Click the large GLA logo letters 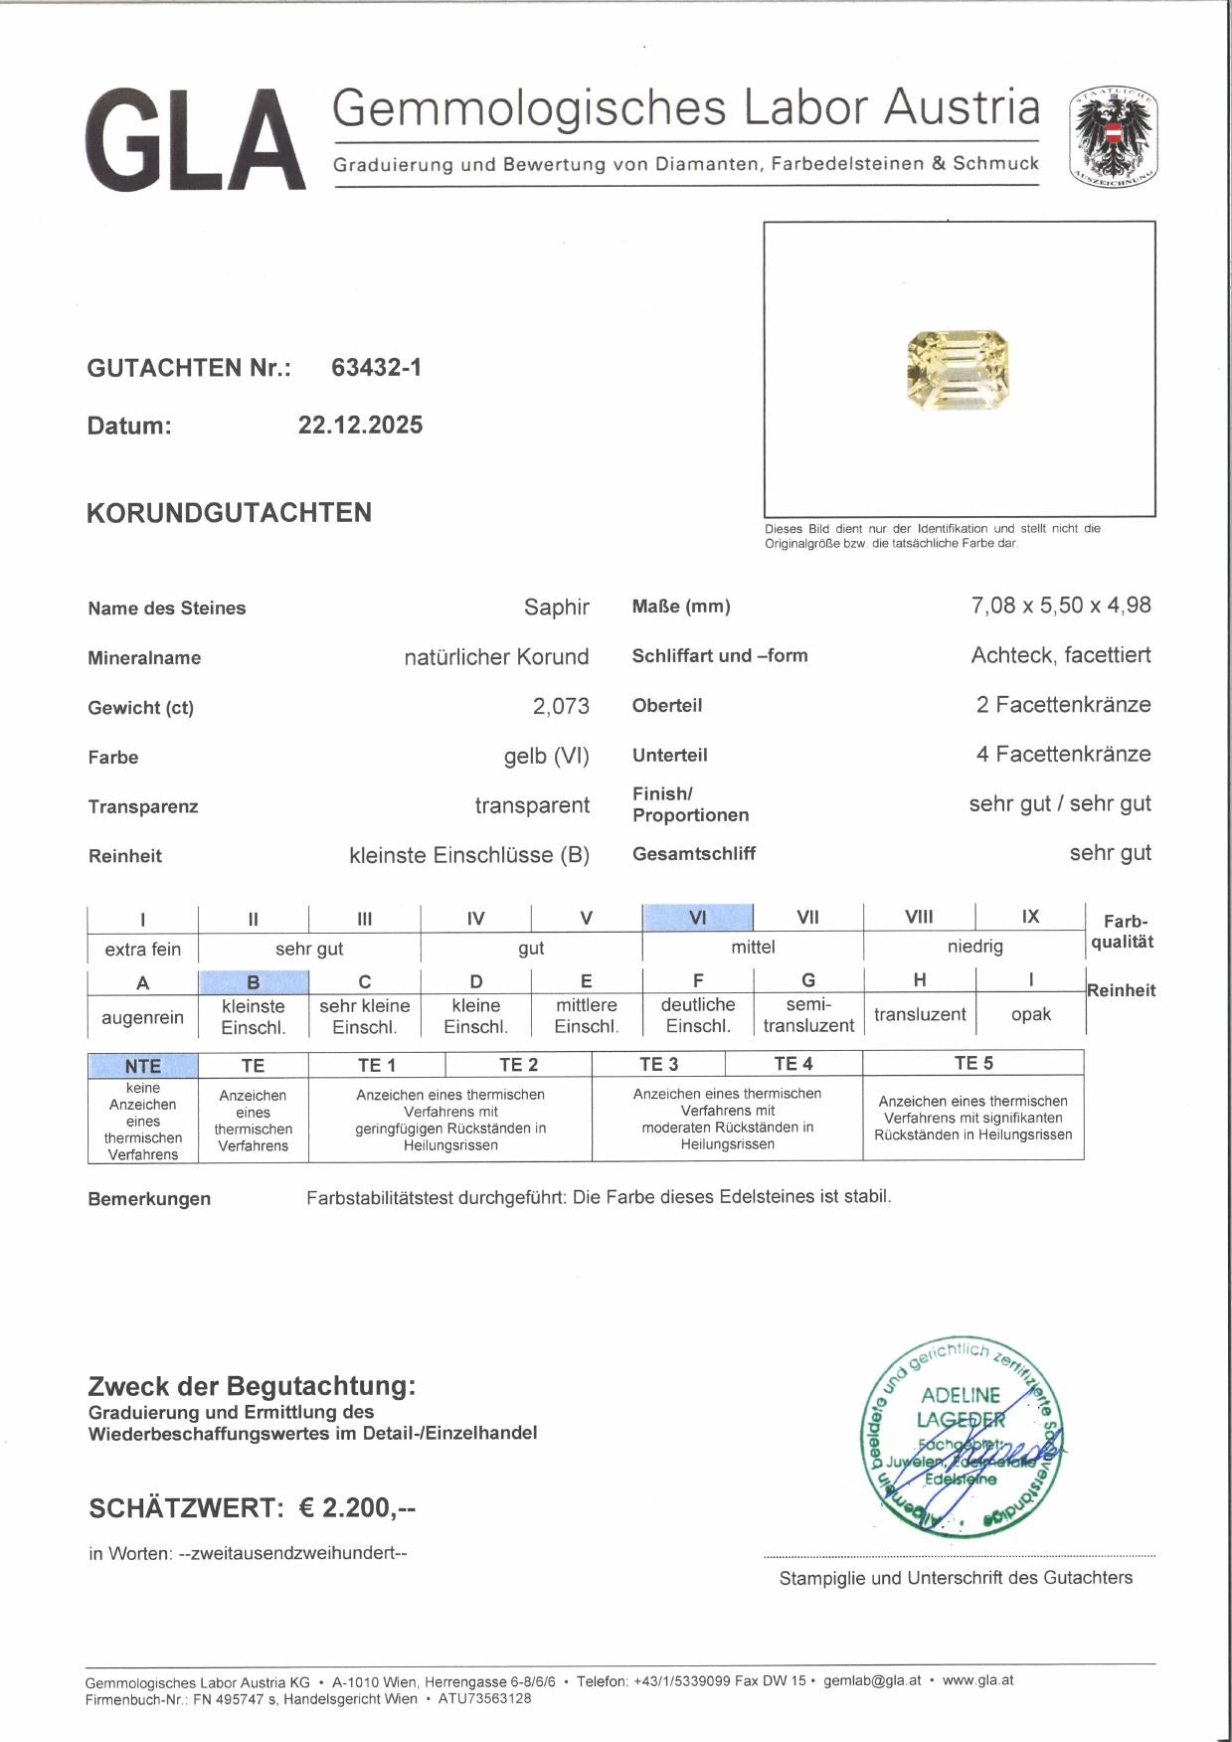(x=196, y=140)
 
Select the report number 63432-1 (x=376, y=368)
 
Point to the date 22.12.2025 (x=360, y=426)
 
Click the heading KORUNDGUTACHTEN (x=229, y=513)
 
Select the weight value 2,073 (x=561, y=706)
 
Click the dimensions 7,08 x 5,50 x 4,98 (x=1060, y=606)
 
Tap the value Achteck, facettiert (x=1060, y=655)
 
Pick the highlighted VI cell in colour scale (x=698, y=917)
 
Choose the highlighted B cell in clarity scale (x=254, y=982)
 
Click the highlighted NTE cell (x=142, y=1066)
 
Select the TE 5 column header (x=973, y=1064)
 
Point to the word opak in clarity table (x=1030, y=1015)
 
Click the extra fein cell (x=142, y=950)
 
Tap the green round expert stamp (x=961, y=1435)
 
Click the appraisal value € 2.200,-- (x=357, y=1508)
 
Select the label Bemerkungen (x=149, y=1199)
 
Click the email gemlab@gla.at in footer (x=872, y=1680)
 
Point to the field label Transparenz (x=143, y=807)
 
